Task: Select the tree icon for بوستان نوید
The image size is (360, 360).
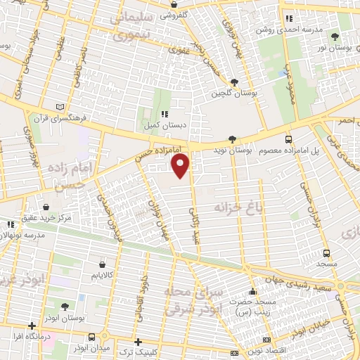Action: tap(233, 139)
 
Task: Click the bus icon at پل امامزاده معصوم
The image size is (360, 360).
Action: tap(289, 139)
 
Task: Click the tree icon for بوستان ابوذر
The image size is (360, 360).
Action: tap(65, 307)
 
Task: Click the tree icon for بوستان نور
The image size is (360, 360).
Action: tap(334, 36)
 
